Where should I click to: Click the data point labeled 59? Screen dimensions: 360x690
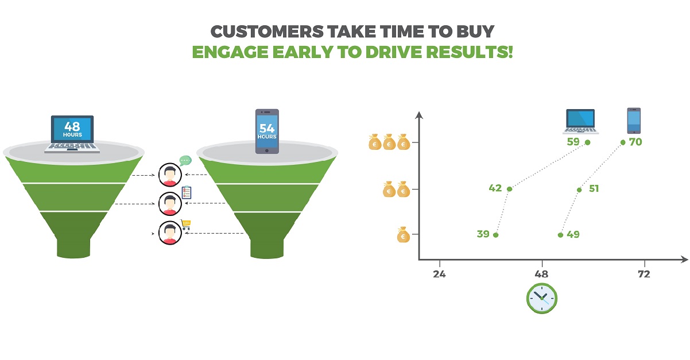coord(587,142)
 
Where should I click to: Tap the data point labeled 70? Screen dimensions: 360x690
coord(623,142)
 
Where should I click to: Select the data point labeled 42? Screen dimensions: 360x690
coord(509,189)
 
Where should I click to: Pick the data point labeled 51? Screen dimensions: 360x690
coord(579,189)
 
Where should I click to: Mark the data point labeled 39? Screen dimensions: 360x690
coord(496,235)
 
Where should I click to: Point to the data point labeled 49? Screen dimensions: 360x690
coord(560,235)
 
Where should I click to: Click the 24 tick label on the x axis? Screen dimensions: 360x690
coord(439,274)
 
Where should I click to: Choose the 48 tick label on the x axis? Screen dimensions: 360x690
coord(541,274)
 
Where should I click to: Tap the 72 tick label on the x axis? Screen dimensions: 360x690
coord(644,274)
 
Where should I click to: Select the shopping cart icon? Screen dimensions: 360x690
coord(186,225)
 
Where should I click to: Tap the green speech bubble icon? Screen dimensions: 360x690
coord(185,161)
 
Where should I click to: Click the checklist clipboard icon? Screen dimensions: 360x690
coord(186,193)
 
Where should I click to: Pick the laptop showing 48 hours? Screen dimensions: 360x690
coord(72,134)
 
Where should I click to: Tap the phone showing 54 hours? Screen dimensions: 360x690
coord(267,131)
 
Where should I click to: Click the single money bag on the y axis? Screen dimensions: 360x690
coord(403,235)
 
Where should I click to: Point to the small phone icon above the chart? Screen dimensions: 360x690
coord(633,121)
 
